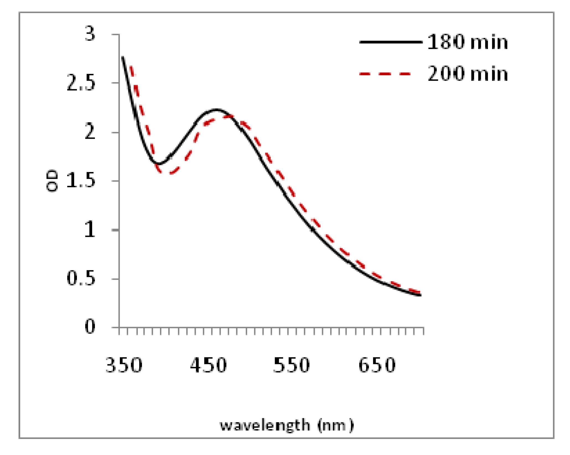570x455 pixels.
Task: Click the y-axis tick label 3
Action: coord(90,34)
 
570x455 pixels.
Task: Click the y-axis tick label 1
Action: coord(90,230)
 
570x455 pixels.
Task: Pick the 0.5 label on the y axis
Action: coord(81,278)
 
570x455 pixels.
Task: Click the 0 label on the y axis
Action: coord(90,327)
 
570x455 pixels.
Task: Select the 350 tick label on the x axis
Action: coord(124,365)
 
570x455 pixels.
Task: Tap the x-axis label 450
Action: coord(208,365)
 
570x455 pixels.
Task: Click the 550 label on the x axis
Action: coord(292,365)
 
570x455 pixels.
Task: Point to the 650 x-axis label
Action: coord(377,365)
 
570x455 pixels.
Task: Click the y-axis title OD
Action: coord(52,181)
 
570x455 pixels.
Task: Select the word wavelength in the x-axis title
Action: coord(265,425)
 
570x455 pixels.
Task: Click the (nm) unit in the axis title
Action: coord(335,425)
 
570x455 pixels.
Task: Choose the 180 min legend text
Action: coord(468,42)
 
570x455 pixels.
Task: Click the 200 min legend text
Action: coord(468,74)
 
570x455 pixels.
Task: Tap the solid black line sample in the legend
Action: coord(391,42)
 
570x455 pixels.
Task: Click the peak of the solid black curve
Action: coord(217,110)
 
